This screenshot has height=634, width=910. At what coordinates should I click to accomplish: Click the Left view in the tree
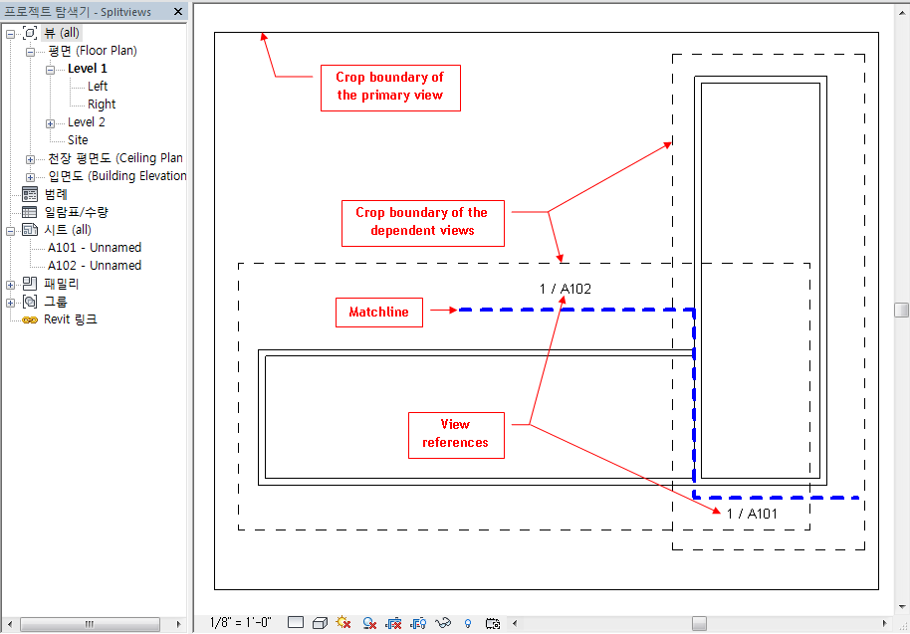click(x=98, y=87)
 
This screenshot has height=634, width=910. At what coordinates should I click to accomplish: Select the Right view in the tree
click(x=102, y=105)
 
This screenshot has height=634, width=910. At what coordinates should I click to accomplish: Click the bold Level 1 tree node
click(x=88, y=69)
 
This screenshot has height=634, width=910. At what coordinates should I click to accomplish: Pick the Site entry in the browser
click(x=78, y=140)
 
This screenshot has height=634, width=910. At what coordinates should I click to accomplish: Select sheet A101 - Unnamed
click(x=95, y=248)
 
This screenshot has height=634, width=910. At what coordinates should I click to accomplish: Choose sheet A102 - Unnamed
click(x=95, y=266)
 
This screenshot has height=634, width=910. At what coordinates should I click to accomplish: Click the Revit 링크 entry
click(x=70, y=319)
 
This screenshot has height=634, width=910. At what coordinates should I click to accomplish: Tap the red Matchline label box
click(x=378, y=313)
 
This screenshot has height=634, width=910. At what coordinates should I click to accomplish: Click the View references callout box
click(x=455, y=434)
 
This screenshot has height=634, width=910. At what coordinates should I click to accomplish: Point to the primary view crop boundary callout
click(x=389, y=87)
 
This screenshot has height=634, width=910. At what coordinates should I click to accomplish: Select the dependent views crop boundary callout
click(x=422, y=221)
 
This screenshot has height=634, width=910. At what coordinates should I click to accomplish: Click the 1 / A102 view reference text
click(x=566, y=290)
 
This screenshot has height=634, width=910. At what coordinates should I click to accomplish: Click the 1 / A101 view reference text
click(x=752, y=514)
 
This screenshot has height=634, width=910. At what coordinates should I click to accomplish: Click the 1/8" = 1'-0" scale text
click(x=241, y=623)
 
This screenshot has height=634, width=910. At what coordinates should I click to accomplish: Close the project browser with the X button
click(x=178, y=12)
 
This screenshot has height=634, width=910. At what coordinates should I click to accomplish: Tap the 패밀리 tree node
click(x=61, y=284)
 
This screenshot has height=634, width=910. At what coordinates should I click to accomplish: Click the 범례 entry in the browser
click(x=56, y=194)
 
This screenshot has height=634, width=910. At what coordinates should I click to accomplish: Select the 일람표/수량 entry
click(x=76, y=212)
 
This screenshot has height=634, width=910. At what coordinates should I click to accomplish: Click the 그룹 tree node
click(x=55, y=302)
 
